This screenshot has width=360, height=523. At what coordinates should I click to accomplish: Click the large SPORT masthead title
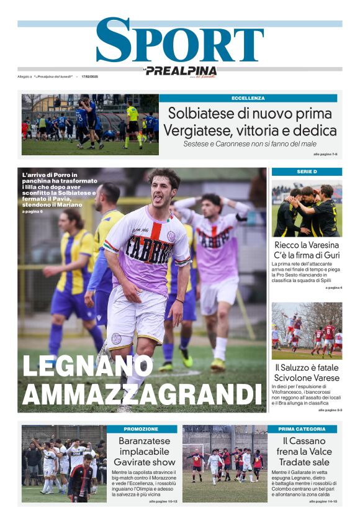point(179,41)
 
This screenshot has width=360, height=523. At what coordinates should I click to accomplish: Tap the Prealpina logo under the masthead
point(181,71)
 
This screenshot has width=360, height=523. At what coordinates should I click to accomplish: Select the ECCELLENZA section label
point(248,98)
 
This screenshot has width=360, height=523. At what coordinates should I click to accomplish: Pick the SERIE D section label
point(307,171)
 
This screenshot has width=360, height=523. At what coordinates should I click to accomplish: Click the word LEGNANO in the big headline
point(88,367)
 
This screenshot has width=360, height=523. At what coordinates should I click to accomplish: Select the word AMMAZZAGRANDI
point(142,395)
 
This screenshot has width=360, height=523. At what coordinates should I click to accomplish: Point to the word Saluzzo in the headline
point(301,367)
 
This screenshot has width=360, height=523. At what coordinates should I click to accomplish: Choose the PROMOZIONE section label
point(142,429)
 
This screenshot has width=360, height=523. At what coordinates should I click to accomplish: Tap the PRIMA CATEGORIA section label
point(302,429)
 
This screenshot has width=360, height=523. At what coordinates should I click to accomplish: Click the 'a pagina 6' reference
point(32,212)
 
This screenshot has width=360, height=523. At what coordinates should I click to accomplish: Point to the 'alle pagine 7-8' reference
point(325,154)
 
